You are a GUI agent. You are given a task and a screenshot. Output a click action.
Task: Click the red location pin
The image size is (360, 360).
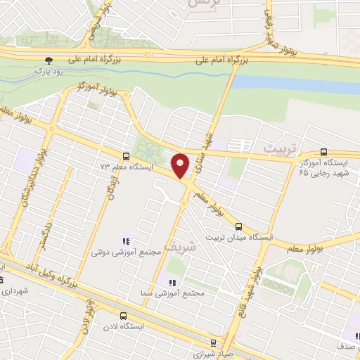182,166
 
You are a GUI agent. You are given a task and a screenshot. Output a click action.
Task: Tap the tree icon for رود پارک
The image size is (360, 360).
48,61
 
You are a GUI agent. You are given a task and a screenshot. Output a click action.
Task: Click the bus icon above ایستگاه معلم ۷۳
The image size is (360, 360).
126,156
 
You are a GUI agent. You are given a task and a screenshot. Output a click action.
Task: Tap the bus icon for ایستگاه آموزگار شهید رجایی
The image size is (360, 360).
323,151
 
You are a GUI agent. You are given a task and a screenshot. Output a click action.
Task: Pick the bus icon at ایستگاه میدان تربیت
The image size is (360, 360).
239,226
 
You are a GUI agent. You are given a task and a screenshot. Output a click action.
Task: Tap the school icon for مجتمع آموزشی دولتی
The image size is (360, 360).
127,241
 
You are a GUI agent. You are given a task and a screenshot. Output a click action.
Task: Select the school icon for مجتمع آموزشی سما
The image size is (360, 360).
169,283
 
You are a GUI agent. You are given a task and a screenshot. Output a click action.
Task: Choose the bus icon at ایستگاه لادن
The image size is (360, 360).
124,316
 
